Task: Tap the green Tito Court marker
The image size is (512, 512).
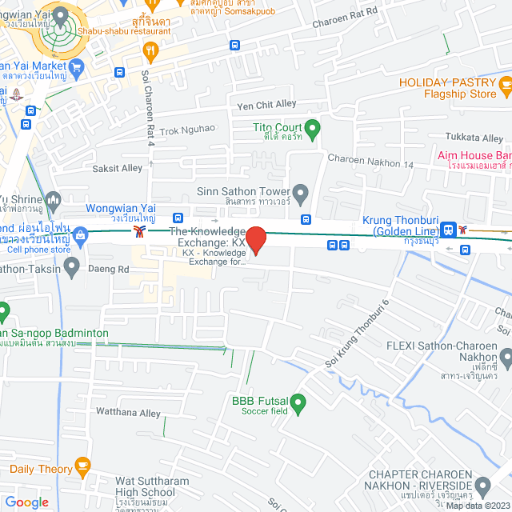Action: tap(313, 127)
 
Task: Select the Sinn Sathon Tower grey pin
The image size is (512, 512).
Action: tap(301, 192)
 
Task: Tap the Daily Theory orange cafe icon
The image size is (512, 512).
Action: tap(82, 465)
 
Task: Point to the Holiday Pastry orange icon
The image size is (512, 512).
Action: tap(504, 83)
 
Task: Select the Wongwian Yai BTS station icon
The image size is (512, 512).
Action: tap(141, 231)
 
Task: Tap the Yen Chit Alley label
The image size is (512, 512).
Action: tap(266, 105)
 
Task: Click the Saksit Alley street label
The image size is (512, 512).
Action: tap(117, 168)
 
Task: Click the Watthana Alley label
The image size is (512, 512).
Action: tap(128, 414)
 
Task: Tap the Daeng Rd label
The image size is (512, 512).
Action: tap(113, 270)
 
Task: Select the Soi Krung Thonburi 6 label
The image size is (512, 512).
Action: tap(357, 334)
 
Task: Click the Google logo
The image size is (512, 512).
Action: tap(26, 502)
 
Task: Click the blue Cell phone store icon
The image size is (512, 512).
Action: tap(81, 235)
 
